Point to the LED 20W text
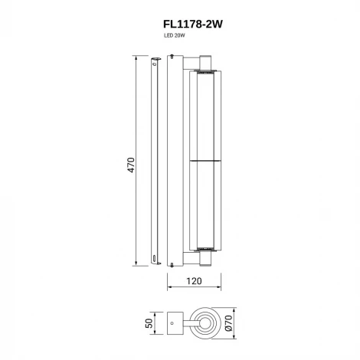175,36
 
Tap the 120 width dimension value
194,281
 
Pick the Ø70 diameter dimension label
237,324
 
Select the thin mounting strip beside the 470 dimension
155,161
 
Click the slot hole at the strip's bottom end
155,258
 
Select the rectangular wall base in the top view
175,324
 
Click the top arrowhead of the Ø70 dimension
229,312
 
